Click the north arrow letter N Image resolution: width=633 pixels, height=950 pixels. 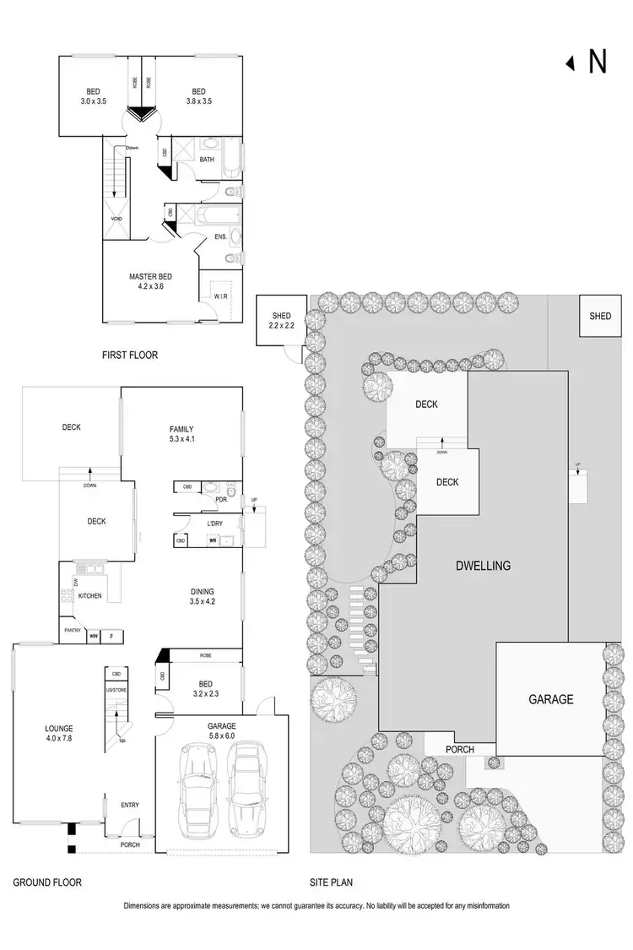click(x=597, y=62)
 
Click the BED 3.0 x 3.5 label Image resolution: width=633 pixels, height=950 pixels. click(x=93, y=96)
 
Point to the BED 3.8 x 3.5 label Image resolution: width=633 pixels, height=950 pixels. click(x=198, y=96)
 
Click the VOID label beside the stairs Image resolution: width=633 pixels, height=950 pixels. click(x=116, y=219)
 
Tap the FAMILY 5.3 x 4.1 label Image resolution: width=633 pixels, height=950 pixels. click(x=181, y=434)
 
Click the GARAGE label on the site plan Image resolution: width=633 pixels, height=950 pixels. click(x=550, y=699)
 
